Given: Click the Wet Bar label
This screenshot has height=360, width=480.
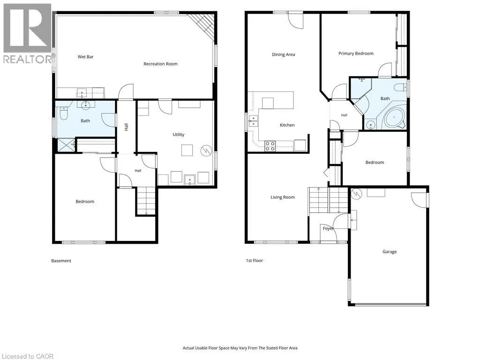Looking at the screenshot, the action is point(85,57).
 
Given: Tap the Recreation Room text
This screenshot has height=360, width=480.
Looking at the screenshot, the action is point(160,64).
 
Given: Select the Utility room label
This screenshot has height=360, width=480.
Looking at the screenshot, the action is point(179,135).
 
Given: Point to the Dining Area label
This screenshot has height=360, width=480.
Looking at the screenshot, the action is point(284,54).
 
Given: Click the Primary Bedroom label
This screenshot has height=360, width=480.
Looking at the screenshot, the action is point(356,53).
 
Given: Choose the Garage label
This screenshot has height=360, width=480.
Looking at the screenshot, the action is point(390,252).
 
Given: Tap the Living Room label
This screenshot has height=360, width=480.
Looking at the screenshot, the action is point(283,197).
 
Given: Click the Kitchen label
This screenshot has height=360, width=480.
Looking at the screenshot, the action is point(287,125).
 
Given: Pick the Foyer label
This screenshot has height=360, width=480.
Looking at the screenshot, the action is point(328,228).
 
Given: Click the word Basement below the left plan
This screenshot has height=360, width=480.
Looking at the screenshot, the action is point(61,261).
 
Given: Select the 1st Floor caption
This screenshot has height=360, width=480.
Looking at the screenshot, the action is point(255,261).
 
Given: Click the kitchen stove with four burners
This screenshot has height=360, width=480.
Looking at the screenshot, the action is point(270,146).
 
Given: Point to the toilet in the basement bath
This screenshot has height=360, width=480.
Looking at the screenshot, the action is point(64,114).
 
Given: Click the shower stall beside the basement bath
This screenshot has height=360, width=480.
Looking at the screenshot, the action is point(66,145).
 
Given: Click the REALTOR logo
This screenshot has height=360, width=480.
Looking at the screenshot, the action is point(28,33).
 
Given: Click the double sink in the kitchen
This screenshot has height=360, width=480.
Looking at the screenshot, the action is point(253,121).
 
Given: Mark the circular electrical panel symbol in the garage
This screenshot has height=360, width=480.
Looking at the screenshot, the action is point(357,194).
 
